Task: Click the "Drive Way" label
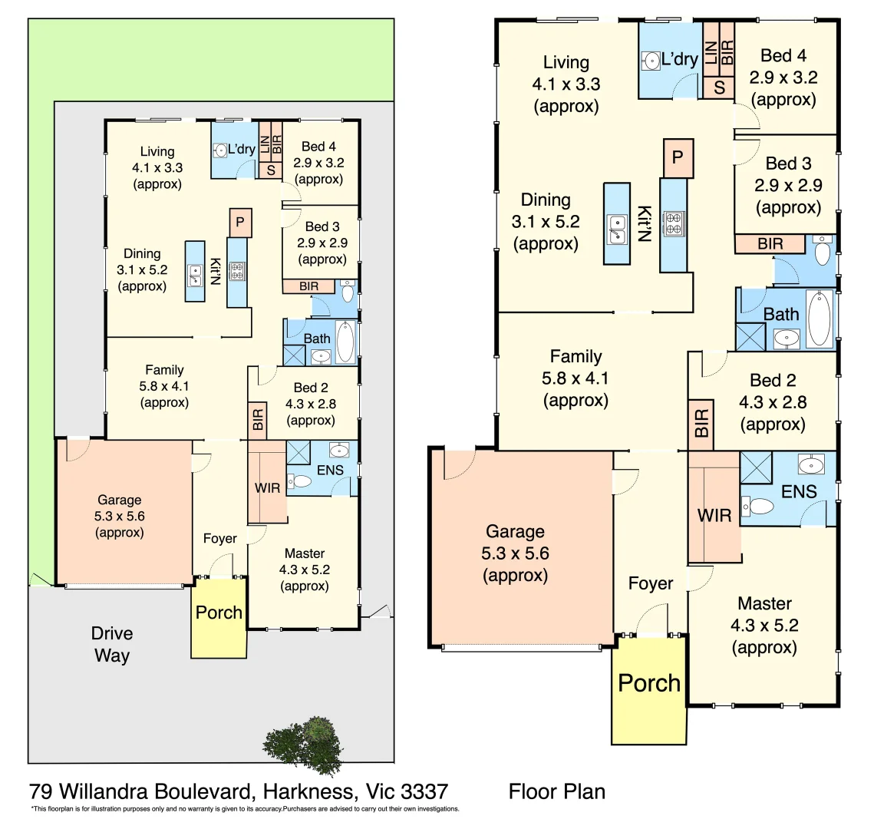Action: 112,644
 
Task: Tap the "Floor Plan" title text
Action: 556,791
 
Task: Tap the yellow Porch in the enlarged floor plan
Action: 649,690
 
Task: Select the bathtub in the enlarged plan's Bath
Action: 818,319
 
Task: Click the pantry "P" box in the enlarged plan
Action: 677,158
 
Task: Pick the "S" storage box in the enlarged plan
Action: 719,88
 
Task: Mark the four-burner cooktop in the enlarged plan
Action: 674,223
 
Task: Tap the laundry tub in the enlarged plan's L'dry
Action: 651,61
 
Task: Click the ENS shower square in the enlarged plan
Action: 756,467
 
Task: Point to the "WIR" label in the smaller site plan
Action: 267,487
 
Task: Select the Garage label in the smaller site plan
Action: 119,500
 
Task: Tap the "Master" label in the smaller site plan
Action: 305,553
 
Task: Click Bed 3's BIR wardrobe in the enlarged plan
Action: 770,244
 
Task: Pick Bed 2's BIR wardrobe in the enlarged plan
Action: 701,424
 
